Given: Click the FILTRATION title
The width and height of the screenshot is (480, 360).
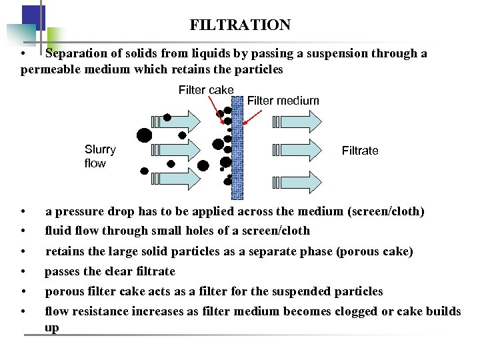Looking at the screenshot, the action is tap(240, 25).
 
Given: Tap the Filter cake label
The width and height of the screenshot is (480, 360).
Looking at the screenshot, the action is tap(206, 90).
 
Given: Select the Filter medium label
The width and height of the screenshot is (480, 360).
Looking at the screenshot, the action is tap(283, 101).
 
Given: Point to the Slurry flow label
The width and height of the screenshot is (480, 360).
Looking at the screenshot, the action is tap(100, 157).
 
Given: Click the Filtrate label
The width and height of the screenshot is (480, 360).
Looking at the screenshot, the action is tap(360, 151).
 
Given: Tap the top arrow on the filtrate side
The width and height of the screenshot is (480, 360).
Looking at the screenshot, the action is tap(297, 122).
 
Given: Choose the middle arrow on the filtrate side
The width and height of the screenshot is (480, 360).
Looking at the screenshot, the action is tap(297, 151).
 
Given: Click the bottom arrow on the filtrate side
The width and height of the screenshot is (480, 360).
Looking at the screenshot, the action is tap(297, 179).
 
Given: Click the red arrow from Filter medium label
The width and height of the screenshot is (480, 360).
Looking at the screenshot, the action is tap(253, 115).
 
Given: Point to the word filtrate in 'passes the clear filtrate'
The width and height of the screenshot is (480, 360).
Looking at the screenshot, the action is tap(153, 271).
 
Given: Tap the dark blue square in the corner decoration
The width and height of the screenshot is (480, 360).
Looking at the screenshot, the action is tap(33, 16).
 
